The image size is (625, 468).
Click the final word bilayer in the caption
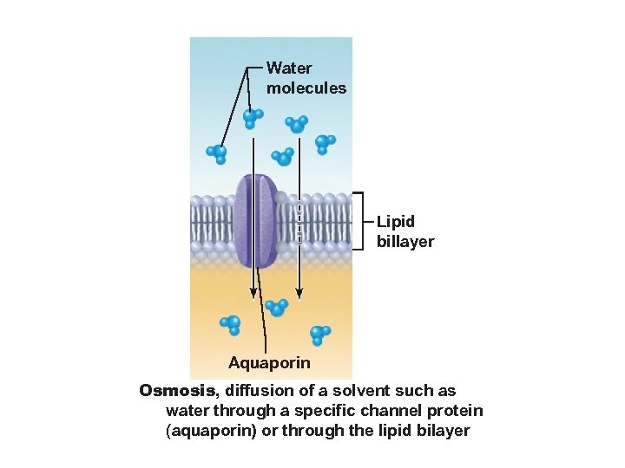coord(442,430)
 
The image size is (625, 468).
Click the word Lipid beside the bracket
coord(396,222)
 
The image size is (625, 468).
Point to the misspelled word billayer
coord(405,242)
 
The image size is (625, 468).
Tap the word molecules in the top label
coord(306,88)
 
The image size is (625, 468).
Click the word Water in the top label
coord(289,68)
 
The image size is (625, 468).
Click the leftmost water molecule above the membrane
coord(216,153)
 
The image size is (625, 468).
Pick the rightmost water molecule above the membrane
coord(325,143)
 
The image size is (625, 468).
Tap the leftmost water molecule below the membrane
coord(231,325)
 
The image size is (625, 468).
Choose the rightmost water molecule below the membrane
coord(320,333)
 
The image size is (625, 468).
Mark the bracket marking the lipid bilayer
coord(359,220)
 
